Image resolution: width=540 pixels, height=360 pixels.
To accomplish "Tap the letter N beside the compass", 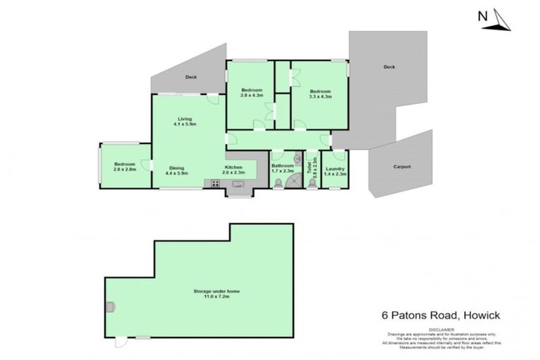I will click(482, 15).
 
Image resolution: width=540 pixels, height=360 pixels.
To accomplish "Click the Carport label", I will click(401, 167).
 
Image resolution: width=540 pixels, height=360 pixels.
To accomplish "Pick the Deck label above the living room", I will click(191, 77).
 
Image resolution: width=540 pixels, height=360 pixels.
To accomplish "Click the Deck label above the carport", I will click(389, 67).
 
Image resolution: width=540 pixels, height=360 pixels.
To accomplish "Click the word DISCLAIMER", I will click(418, 329).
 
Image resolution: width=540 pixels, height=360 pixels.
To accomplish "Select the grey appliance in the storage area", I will click(110, 305).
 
